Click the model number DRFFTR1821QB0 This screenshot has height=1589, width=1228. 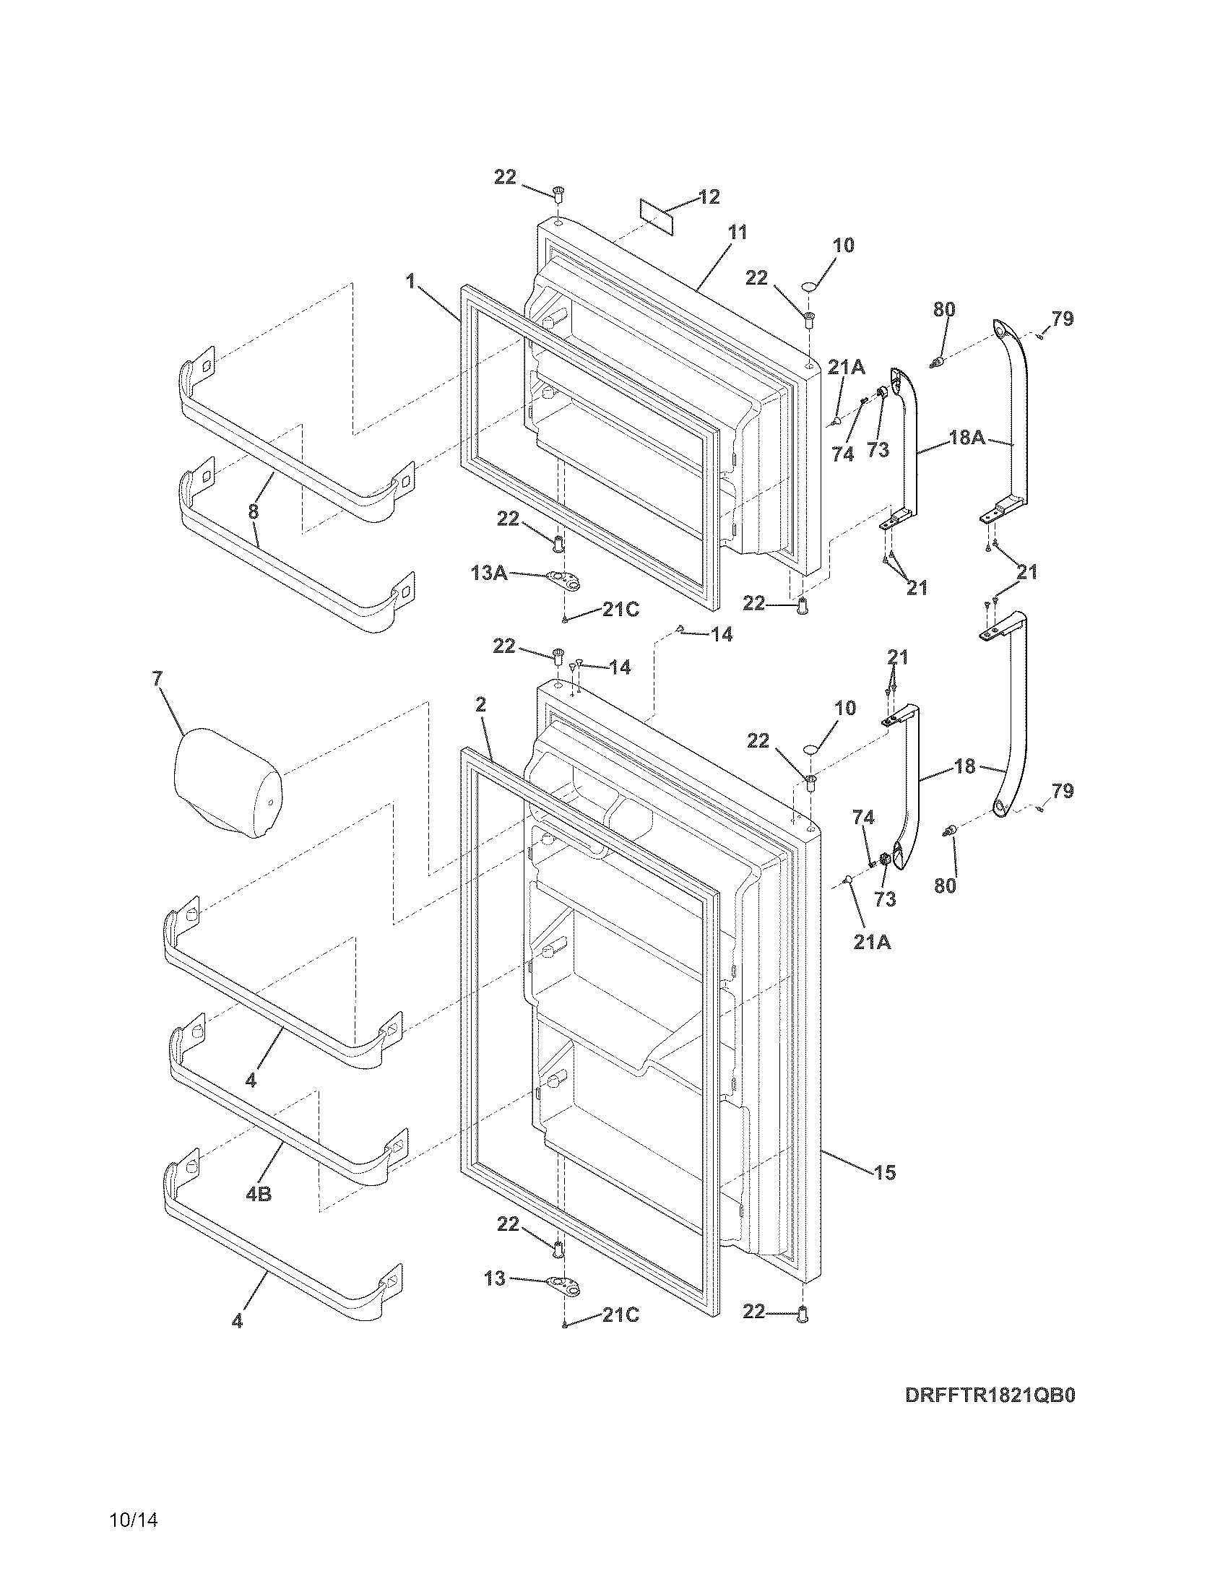click(990, 1416)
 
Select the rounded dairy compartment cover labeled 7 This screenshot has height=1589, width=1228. click(227, 784)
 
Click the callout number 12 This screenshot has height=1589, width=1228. click(709, 196)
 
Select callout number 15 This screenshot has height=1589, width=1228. click(885, 1172)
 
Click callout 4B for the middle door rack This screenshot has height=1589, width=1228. click(259, 1194)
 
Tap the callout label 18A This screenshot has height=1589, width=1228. click(967, 438)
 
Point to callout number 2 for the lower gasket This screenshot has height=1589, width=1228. click(480, 704)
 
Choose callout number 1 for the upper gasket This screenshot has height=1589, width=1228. click(411, 281)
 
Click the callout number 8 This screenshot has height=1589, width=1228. click(252, 511)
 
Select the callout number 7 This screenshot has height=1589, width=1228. click(157, 678)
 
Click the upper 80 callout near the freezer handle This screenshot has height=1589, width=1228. click(944, 309)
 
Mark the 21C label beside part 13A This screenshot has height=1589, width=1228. click(621, 610)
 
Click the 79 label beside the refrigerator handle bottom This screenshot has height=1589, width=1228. click(1063, 790)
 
